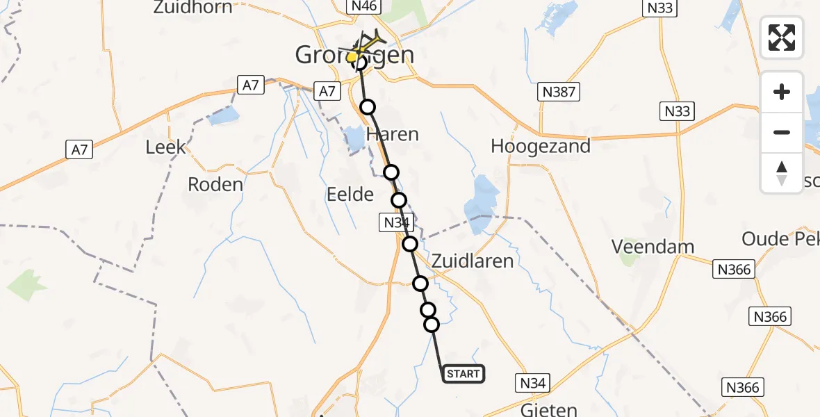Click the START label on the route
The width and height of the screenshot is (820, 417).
(x=463, y=374)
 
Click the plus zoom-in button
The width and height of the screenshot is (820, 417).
(x=782, y=92)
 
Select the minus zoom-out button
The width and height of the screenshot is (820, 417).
(x=782, y=132)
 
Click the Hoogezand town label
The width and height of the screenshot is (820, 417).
(x=540, y=147)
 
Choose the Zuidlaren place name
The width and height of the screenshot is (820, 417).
(x=473, y=261)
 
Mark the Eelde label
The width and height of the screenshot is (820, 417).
(x=350, y=194)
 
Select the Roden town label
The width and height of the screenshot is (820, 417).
(x=215, y=184)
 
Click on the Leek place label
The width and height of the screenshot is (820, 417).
(x=166, y=147)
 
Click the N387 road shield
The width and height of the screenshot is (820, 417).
(x=558, y=91)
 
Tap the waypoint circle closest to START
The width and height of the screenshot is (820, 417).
(x=432, y=325)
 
